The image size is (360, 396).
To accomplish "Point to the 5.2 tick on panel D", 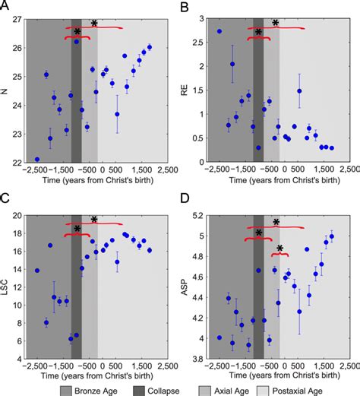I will tap(199, 216).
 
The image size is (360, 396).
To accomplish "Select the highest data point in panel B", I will tap(219, 32).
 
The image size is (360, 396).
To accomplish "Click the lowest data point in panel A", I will tap(37, 160).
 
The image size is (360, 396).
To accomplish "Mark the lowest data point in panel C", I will tap(71, 339).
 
